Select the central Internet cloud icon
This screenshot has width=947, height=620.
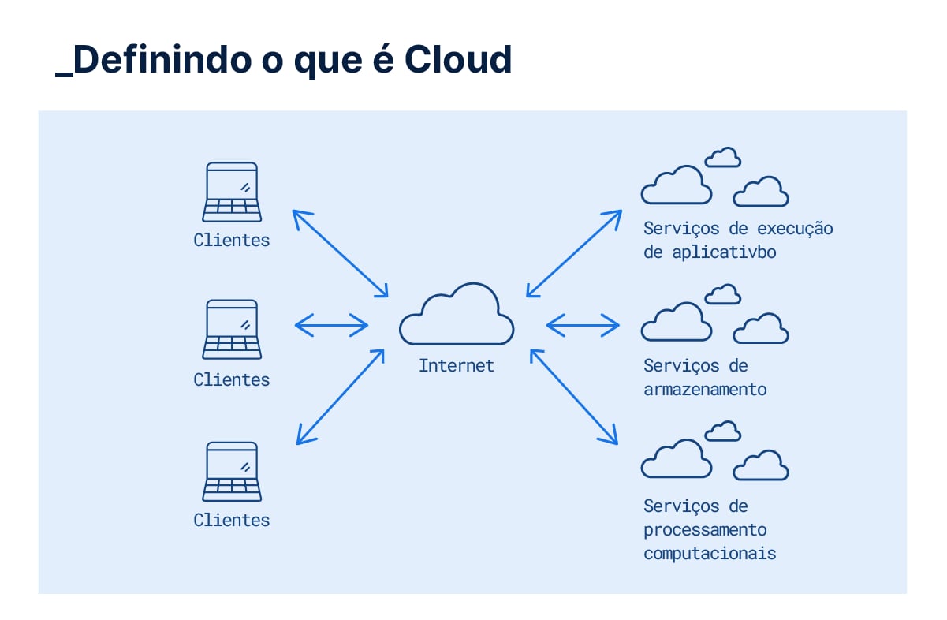(x=457, y=315)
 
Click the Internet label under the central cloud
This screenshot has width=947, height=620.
(x=457, y=366)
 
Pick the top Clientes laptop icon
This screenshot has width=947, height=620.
(x=232, y=192)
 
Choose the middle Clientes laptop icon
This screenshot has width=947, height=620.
(x=232, y=330)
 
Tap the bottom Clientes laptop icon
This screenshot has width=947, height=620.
(x=232, y=471)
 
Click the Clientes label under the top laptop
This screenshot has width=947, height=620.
(x=232, y=241)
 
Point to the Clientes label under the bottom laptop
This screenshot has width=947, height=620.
(x=232, y=521)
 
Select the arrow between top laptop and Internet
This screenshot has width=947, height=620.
(x=341, y=254)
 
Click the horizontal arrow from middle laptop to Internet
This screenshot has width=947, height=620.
(x=331, y=324)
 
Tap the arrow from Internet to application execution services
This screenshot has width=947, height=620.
(x=574, y=254)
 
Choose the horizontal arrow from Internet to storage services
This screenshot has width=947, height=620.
(x=583, y=324)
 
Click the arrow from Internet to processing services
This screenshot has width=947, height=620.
(x=574, y=396)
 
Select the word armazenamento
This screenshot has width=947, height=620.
(x=705, y=390)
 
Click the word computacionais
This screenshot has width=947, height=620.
(x=710, y=554)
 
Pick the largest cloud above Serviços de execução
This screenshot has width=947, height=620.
(x=676, y=186)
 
